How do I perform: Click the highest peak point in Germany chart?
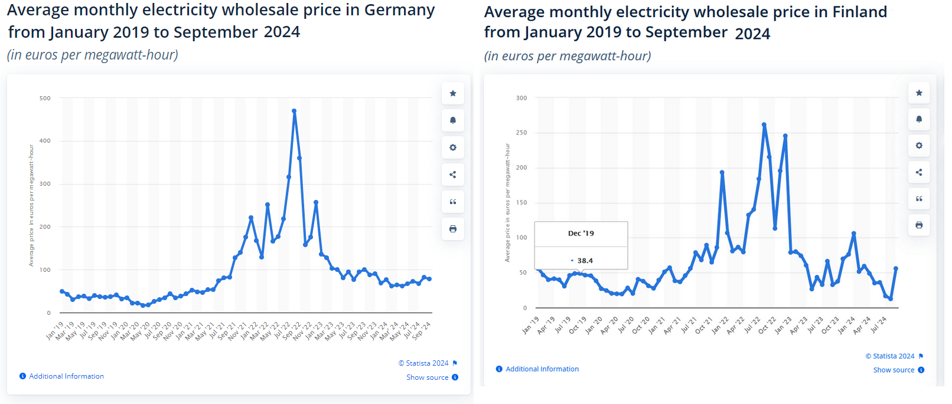(294, 111)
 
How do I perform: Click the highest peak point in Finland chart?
(764, 125)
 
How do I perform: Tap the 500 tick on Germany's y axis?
(45, 98)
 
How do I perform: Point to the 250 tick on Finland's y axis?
(521, 133)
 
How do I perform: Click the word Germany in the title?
(399, 10)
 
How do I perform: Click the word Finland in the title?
(859, 12)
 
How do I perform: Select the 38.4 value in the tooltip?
(585, 261)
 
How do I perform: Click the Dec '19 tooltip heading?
(581, 234)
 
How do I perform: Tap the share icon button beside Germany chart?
(453, 175)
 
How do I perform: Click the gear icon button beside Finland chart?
(919, 146)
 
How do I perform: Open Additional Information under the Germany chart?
(66, 376)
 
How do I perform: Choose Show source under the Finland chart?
(894, 370)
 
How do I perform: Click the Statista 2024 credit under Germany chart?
(426, 363)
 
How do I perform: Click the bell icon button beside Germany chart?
(453, 120)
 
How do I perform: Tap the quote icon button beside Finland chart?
(919, 199)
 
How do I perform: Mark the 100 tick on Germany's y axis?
(45, 270)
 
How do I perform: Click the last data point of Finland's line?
(896, 269)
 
